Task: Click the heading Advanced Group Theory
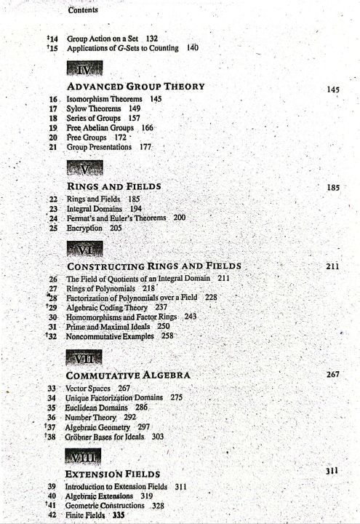click(x=135, y=87)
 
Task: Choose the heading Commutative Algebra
click(x=129, y=375)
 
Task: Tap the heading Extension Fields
click(x=117, y=473)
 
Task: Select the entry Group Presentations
click(x=97, y=146)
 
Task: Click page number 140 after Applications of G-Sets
click(x=193, y=47)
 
